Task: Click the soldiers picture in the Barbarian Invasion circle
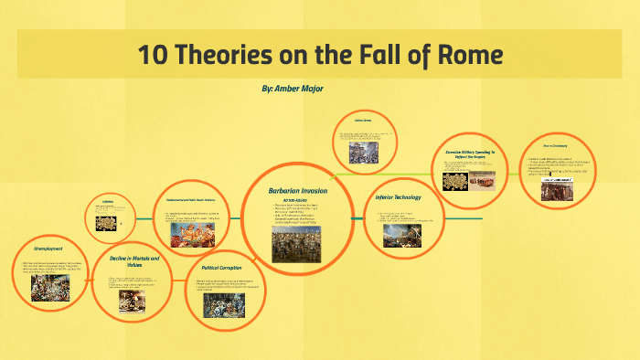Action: click(295, 244)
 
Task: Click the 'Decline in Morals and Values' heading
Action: click(134, 263)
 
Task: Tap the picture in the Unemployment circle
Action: click(50, 288)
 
